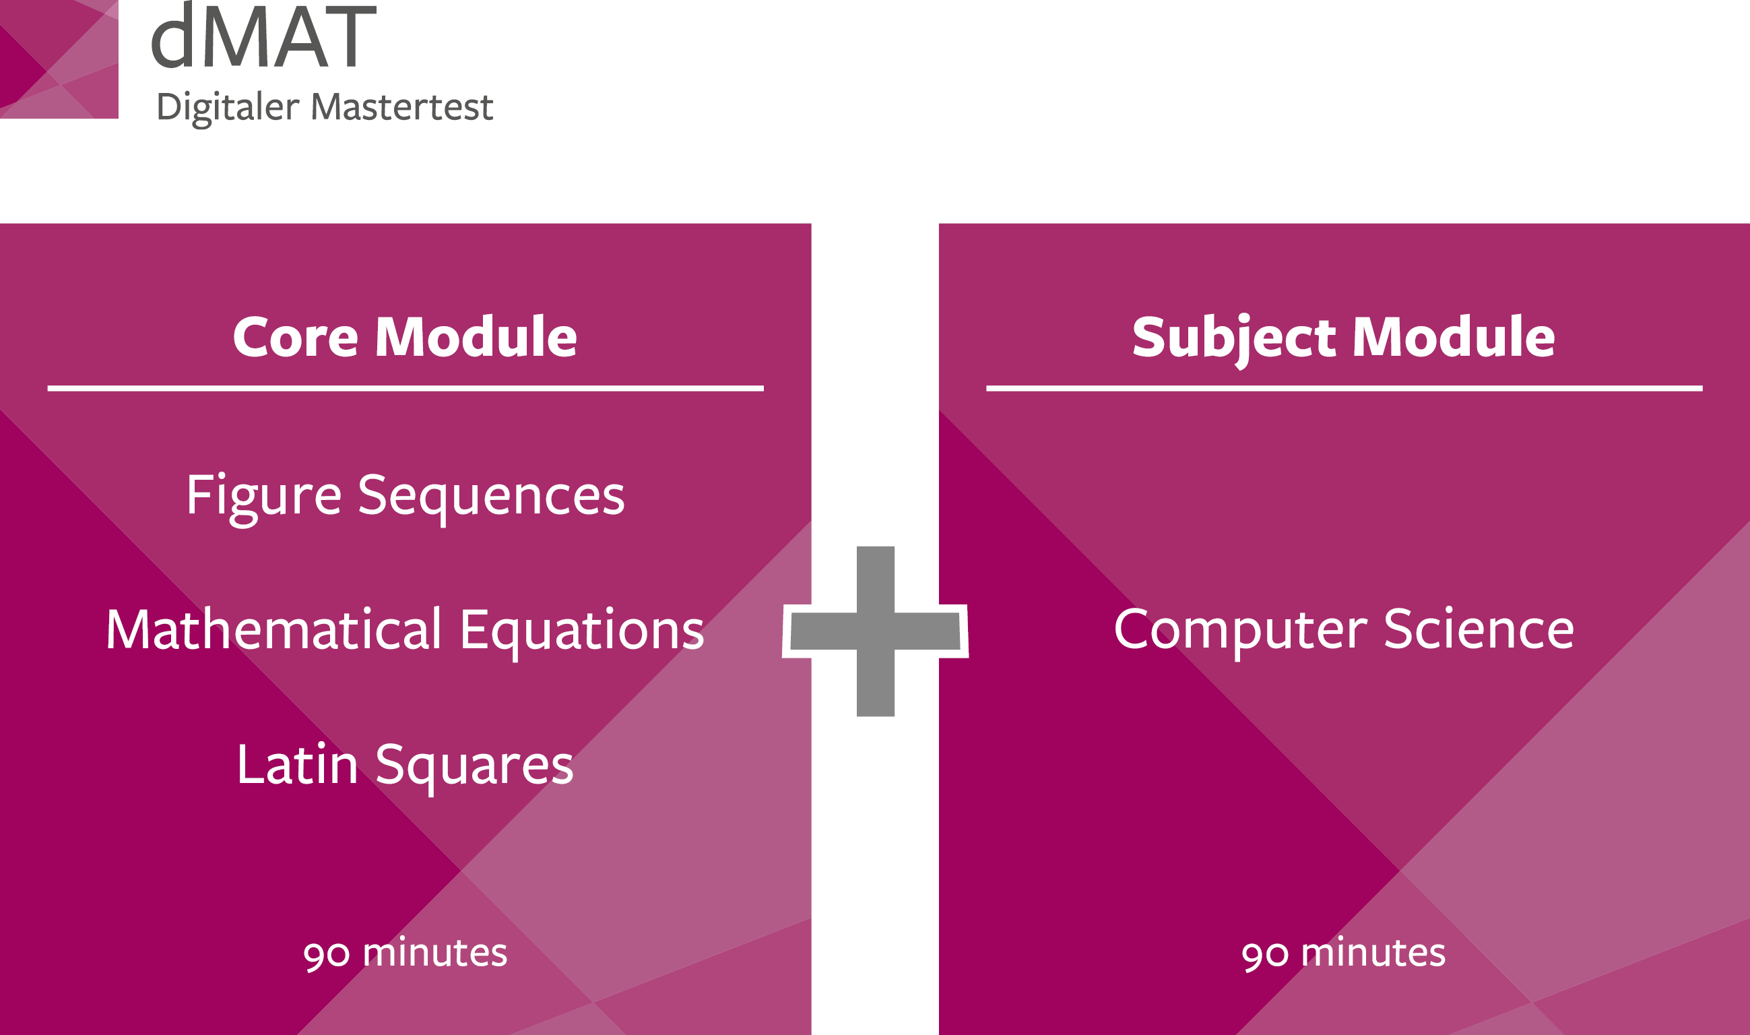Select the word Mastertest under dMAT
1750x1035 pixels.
(x=401, y=106)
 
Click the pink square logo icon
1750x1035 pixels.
(x=59, y=59)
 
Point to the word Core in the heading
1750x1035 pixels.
(x=296, y=338)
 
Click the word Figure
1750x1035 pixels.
(x=263, y=498)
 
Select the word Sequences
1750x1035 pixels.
(x=492, y=498)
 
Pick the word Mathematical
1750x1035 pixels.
(x=274, y=629)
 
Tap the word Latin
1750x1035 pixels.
(x=298, y=764)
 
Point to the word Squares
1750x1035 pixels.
(x=475, y=767)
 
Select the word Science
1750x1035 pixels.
(x=1479, y=629)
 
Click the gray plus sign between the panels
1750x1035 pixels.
(x=875, y=631)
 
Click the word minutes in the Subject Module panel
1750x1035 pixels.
(x=1373, y=953)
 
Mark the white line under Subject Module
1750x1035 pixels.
(x=1344, y=389)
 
